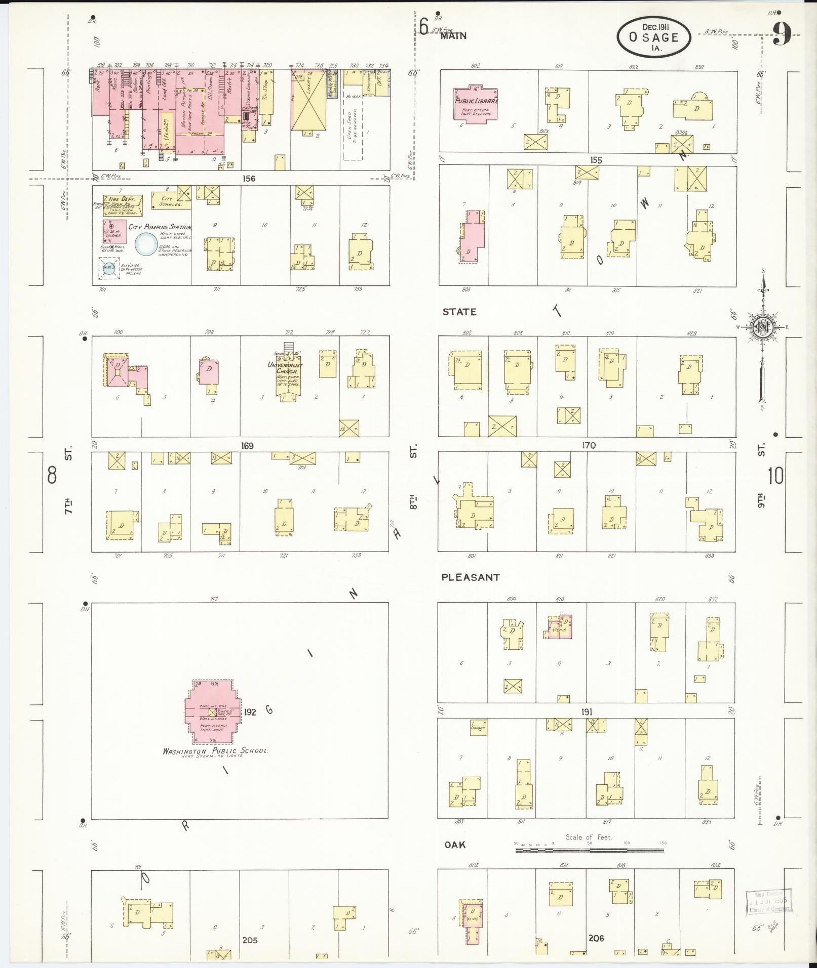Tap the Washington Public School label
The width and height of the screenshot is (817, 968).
tap(215, 751)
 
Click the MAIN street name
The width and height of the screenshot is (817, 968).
tap(453, 36)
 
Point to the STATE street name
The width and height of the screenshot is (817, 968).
tap(459, 312)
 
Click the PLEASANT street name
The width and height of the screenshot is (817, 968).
tap(470, 577)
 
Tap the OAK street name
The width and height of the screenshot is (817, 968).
tap(455, 845)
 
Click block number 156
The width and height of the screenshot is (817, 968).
tap(249, 179)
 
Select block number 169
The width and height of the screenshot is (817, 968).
tap(247, 446)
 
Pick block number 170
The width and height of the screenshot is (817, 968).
tap(589, 446)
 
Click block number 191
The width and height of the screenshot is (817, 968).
tap(587, 712)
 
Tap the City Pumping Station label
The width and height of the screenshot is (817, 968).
tap(160, 227)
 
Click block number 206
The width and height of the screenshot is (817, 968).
tap(597, 938)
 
